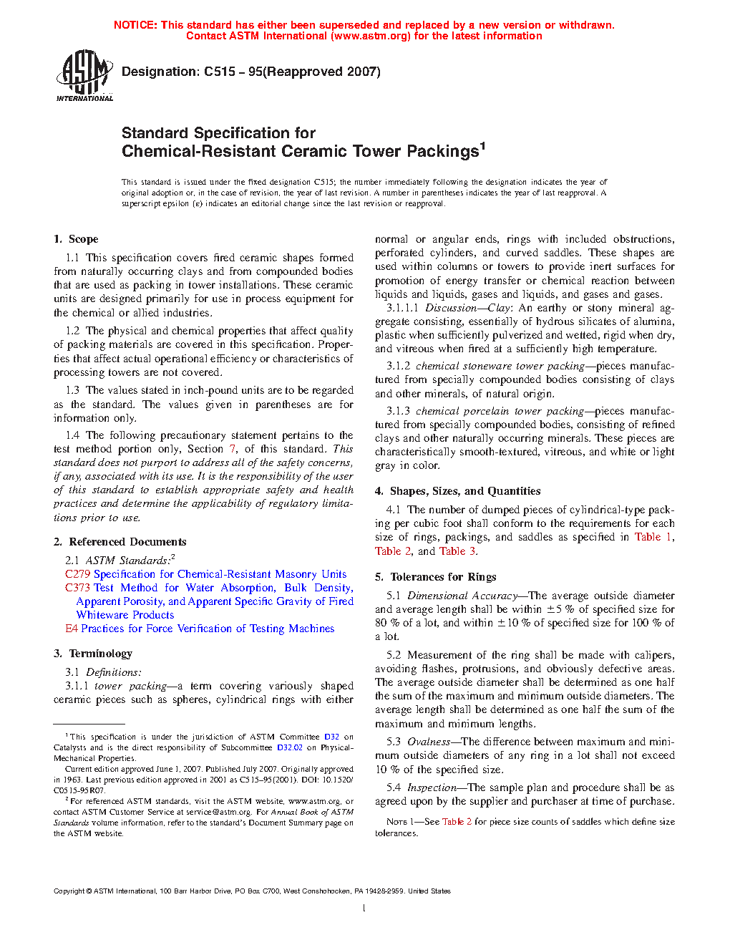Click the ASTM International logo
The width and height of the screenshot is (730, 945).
coord(84,75)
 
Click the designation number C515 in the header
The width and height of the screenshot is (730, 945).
coord(220,72)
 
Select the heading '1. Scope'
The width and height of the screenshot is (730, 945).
coord(76,239)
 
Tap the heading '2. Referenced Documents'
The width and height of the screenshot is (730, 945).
coord(120,542)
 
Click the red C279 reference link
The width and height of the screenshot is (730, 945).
coord(77,574)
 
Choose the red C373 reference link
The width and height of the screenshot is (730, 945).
coord(77,588)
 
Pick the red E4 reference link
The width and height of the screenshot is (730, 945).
coord(72,629)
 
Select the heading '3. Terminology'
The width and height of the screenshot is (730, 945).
coord(93,654)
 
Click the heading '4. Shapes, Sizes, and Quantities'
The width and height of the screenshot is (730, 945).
coord(457,491)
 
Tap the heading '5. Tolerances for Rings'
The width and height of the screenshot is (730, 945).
coord(436,577)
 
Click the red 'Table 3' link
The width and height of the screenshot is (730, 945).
coord(457,551)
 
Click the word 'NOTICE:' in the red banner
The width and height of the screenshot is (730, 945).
coord(135,25)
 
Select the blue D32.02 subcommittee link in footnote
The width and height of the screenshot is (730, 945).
coord(290,747)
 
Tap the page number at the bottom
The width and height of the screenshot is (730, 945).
coord(364,908)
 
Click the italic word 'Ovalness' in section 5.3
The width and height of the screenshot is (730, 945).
coord(429,742)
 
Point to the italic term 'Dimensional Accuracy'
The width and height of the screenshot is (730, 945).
coord(462,596)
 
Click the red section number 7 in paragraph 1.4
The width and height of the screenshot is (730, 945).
coord(233,449)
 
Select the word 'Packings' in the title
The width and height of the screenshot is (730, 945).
coord(442,152)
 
